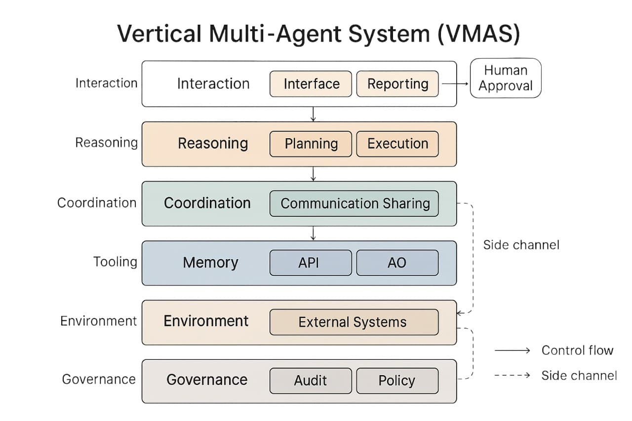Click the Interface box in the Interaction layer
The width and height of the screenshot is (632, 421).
point(311,84)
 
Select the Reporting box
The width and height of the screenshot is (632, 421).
point(397,84)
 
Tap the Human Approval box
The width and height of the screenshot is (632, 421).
point(505,78)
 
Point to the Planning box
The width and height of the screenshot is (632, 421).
point(311,144)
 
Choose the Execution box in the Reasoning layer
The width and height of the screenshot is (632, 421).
point(397,144)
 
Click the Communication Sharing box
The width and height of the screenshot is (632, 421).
point(354,203)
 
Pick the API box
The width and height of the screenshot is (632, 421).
point(311,263)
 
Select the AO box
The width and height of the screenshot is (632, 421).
point(397,263)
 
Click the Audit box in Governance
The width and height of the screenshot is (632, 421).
point(311,381)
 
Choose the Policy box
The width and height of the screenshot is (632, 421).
point(397,381)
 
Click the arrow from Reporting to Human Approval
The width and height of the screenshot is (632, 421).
point(454,84)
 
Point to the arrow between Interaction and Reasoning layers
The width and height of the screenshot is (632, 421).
point(313,114)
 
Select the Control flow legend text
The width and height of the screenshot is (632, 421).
point(577,350)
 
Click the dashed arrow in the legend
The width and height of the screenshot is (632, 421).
point(512,376)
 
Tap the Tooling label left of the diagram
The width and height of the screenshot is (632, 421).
point(115,262)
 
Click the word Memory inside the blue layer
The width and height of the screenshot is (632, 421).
point(210,263)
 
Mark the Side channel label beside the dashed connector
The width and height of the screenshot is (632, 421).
point(521,245)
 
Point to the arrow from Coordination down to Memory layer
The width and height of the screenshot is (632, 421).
point(313,233)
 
